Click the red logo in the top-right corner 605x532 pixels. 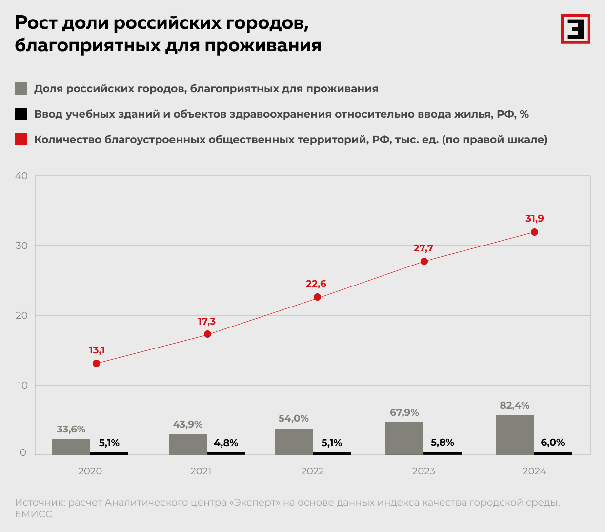575,29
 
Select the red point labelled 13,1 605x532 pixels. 96,363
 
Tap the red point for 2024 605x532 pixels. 534,232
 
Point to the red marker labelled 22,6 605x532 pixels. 317,297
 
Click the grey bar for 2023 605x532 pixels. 404,438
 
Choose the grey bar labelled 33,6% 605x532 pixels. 71,447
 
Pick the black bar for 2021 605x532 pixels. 226,453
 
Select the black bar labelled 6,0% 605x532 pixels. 552,453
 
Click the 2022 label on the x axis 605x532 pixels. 312,471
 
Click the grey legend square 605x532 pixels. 20,89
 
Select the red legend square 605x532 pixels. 20,140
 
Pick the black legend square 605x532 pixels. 20,114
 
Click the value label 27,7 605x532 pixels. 423,248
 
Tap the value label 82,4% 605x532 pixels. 514,405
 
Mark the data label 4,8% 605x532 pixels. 226,443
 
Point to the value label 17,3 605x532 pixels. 206,321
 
